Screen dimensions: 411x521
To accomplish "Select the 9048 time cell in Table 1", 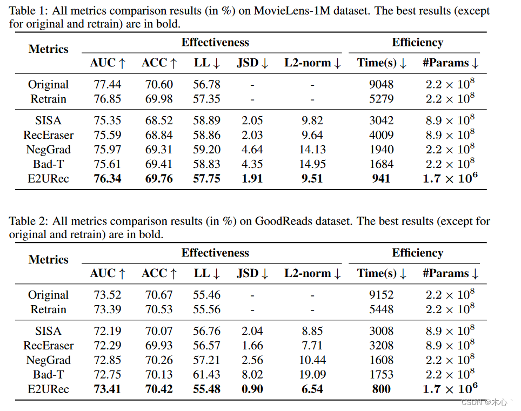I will click(x=381, y=84).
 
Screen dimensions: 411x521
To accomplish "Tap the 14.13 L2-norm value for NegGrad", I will click(x=312, y=150).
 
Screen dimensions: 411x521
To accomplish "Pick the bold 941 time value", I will click(x=381, y=179).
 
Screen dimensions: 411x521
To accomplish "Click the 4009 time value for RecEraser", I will click(x=381, y=135).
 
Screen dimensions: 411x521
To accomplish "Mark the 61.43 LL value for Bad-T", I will click(x=206, y=375).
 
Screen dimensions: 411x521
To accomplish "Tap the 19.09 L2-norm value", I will click(x=312, y=375).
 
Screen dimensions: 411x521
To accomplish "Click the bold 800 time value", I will click(x=381, y=389).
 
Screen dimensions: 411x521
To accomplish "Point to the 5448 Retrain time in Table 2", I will click(x=381, y=309).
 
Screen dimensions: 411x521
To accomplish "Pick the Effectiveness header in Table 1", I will click(x=215, y=43).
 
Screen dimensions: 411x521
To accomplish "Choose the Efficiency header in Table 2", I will click(x=417, y=253).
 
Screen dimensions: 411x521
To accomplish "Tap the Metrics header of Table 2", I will click(x=48, y=260).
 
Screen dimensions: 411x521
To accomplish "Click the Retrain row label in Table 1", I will click(x=48, y=99).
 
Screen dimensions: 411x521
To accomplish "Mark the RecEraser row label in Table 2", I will click(x=48, y=346).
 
